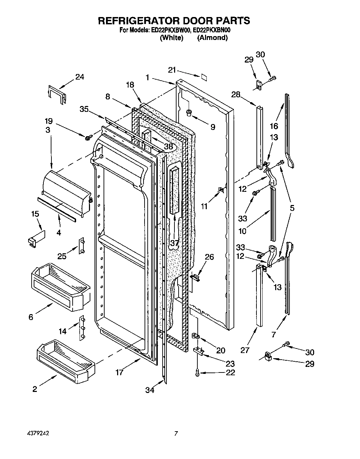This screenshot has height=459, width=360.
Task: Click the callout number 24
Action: tap(80, 77)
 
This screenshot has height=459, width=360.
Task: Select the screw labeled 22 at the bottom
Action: tap(197, 373)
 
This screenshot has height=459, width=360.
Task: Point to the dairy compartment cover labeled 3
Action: tap(66, 188)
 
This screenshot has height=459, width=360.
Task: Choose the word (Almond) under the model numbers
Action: tap(212, 38)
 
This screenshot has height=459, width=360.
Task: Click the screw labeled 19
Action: tap(88, 138)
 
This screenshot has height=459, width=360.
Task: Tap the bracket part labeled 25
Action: tap(82, 246)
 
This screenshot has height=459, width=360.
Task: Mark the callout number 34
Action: tap(150, 390)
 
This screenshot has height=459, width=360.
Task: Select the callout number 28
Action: tap(236, 94)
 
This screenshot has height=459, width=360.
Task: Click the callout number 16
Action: tap(274, 126)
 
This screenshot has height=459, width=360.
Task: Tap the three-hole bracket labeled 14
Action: tap(82, 327)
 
